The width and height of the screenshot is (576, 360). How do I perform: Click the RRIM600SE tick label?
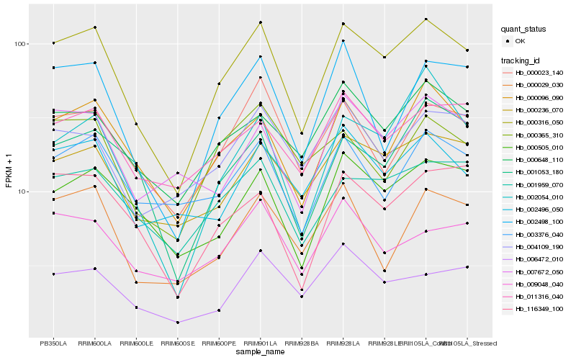[x=177, y=343]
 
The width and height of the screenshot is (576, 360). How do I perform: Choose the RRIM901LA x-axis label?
[x=260, y=343]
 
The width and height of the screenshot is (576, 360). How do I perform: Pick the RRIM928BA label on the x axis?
[x=302, y=343]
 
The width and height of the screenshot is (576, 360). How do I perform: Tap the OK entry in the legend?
[x=521, y=41]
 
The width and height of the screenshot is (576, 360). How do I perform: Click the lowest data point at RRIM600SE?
[x=177, y=323]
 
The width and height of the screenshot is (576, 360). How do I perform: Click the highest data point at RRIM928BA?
[x=302, y=133]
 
